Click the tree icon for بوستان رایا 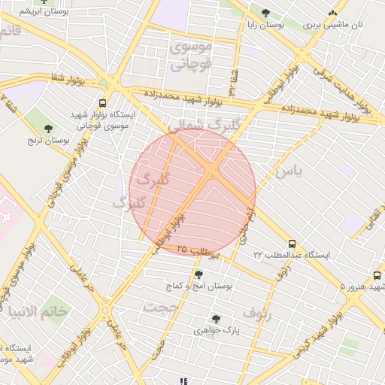265,13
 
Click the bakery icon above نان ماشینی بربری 333,13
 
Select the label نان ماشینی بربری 333,25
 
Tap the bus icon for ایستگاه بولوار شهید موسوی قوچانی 102,103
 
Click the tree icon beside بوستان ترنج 49,129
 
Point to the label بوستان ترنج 49,141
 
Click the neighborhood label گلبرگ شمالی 197,124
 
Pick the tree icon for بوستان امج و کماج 199,274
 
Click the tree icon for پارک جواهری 216,319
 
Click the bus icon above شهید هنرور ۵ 377,275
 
